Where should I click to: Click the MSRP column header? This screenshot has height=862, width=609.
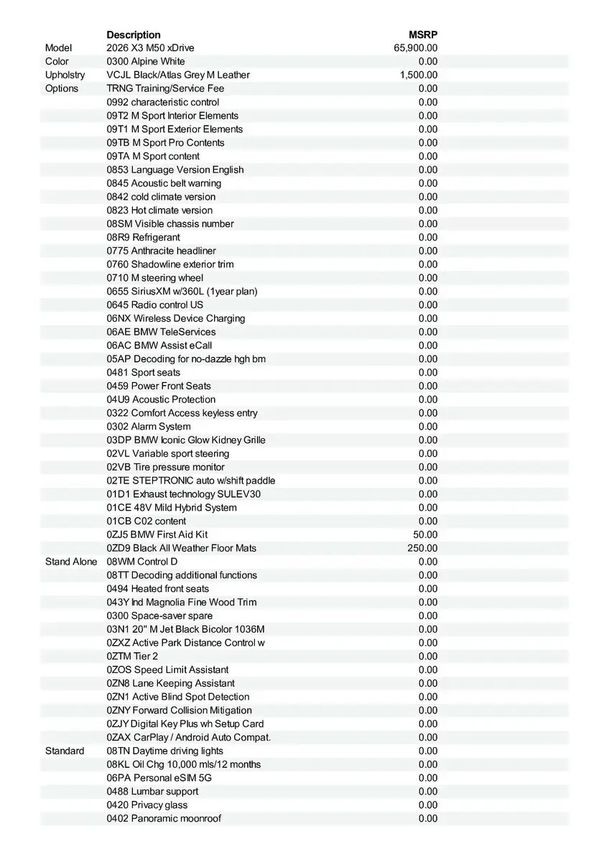pyautogui.click(x=423, y=34)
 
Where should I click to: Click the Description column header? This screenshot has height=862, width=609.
pyautogui.click(x=134, y=34)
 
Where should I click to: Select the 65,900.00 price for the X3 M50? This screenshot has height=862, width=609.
pyautogui.click(x=416, y=48)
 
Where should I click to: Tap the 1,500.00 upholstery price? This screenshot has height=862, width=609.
pyautogui.click(x=419, y=75)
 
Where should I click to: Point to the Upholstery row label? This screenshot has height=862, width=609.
pyautogui.click(x=65, y=75)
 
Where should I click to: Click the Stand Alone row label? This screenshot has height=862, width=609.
pyautogui.click(x=71, y=562)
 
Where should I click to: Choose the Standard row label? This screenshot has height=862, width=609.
pyautogui.click(x=65, y=751)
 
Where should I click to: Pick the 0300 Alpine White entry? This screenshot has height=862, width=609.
pyautogui.click(x=146, y=62)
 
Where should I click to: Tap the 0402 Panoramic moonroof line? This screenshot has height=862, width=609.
pyautogui.click(x=164, y=818)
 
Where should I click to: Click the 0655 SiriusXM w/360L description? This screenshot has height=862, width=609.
pyautogui.click(x=182, y=292)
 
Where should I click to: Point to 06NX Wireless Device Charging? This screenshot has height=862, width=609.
pyautogui.click(x=176, y=318)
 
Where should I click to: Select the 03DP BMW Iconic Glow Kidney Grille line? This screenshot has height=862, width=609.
pyautogui.click(x=186, y=440)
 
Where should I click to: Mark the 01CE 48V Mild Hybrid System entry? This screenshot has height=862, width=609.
pyautogui.click(x=172, y=507)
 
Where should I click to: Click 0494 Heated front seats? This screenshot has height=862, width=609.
pyautogui.click(x=158, y=588)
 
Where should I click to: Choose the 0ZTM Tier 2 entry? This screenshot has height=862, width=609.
pyautogui.click(x=132, y=656)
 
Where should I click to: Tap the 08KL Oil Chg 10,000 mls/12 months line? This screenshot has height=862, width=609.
pyautogui.click(x=184, y=764)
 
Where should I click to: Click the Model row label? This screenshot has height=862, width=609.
pyautogui.click(x=59, y=48)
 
